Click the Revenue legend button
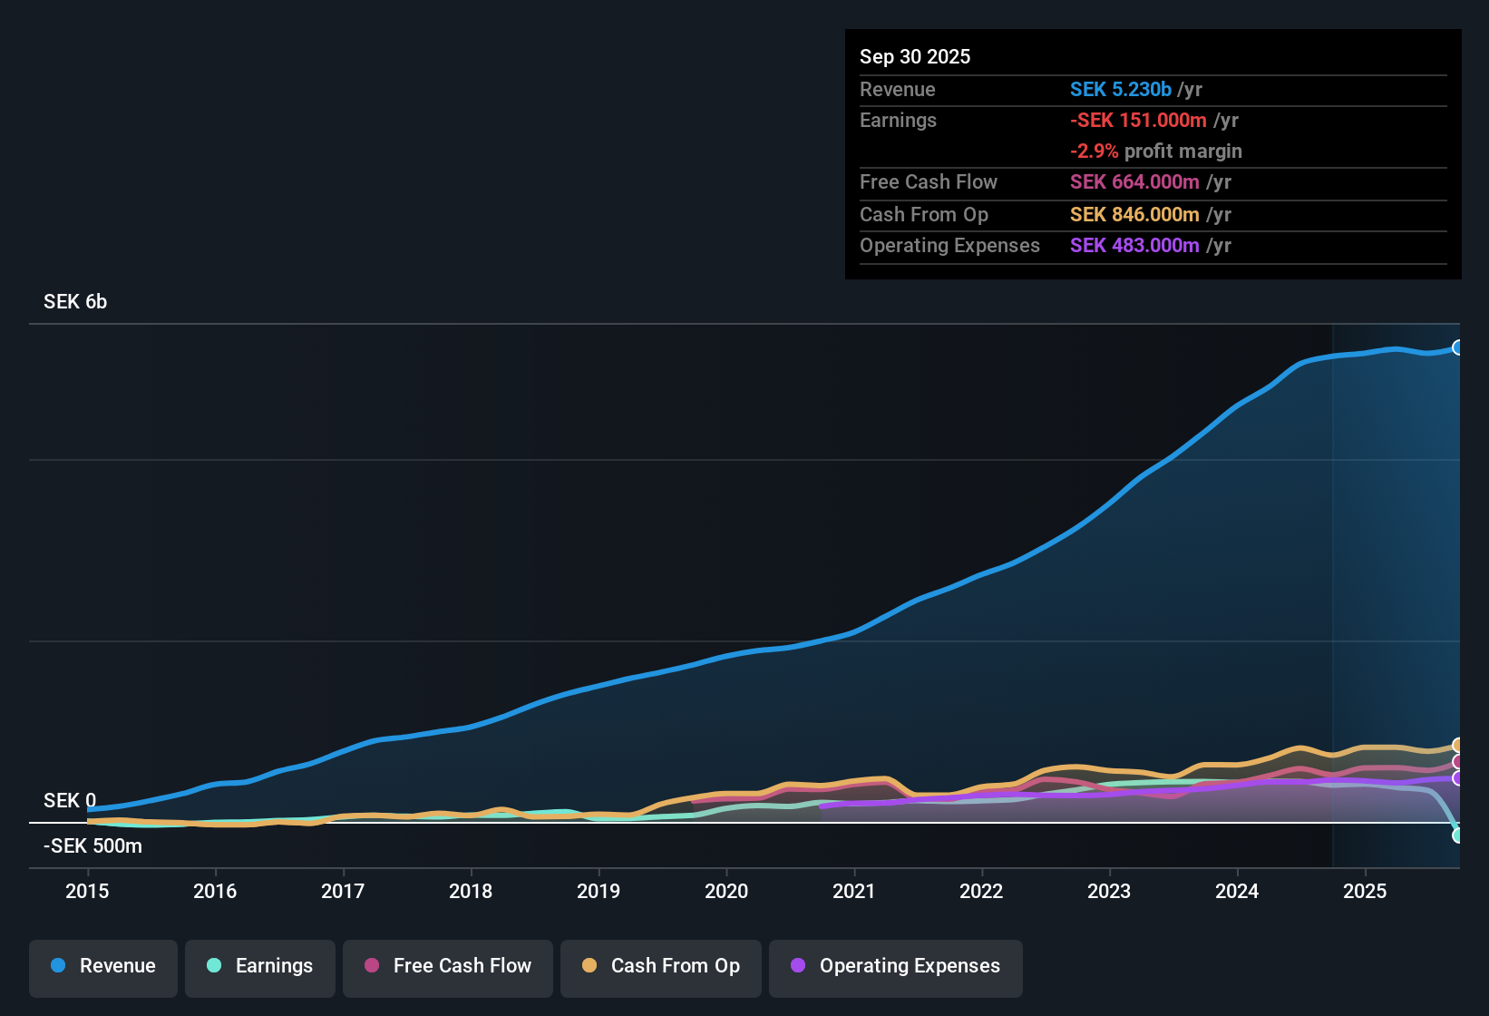click(x=103, y=966)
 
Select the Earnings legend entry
click(x=260, y=966)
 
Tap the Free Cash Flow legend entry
click(x=448, y=966)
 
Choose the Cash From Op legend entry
click(x=661, y=966)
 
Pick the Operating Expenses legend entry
click(x=896, y=966)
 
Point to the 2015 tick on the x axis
click(x=87, y=891)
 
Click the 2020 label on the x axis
click(x=726, y=891)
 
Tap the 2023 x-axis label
click(x=1109, y=891)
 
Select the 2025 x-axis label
click(x=1365, y=891)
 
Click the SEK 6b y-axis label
click(x=75, y=302)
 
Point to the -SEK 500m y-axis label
click(x=92, y=846)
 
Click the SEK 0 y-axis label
click(x=70, y=801)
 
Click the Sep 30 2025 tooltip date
click(x=915, y=57)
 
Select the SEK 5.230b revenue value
click(x=1121, y=90)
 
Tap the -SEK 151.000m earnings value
click(x=1138, y=121)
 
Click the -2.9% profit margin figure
click(x=1095, y=151)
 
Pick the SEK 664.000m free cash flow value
click(x=1134, y=182)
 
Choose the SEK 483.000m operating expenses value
click(x=1134, y=246)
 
